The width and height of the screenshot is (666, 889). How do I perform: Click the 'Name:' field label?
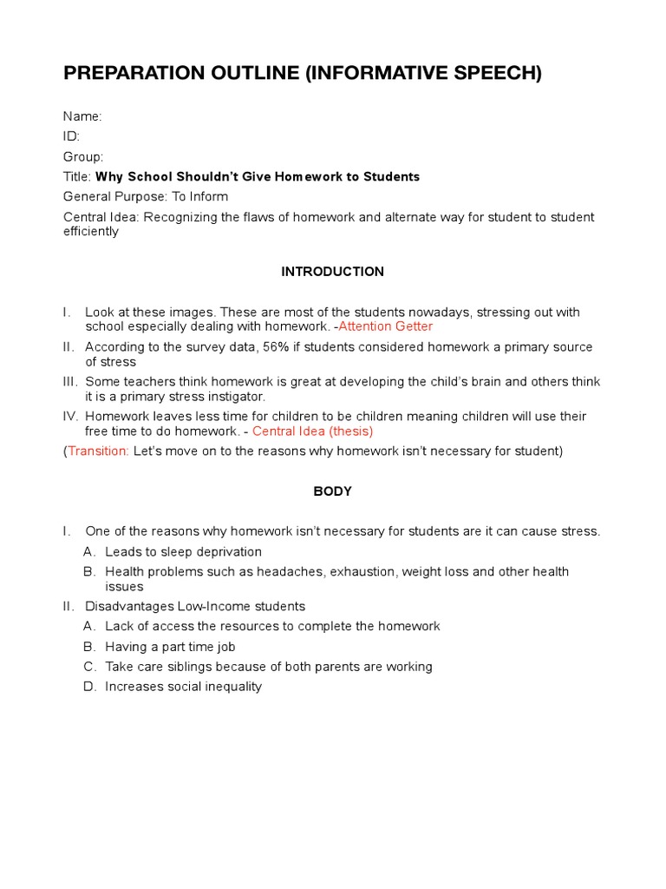[x=82, y=116]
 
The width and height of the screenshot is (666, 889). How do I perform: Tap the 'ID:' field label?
[x=71, y=136]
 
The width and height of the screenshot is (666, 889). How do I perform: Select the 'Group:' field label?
[x=83, y=156]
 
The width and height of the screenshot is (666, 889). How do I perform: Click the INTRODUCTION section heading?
[x=332, y=272]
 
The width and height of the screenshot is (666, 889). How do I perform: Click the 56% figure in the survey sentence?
[x=277, y=346]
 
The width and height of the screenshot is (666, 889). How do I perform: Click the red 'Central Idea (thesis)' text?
[x=312, y=431]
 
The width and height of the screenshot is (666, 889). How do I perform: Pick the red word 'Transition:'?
[x=98, y=451]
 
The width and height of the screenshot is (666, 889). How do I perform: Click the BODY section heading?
[x=332, y=491]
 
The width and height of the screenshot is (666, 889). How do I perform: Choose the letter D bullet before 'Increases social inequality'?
[x=88, y=686]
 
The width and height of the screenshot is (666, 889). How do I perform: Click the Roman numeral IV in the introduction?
[x=71, y=417]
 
